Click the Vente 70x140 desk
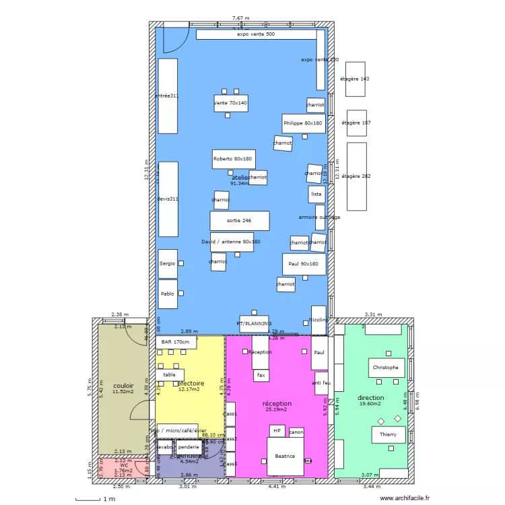[231, 103]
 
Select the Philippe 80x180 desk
[303, 123]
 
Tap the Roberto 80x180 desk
[233, 159]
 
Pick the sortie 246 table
[239, 221]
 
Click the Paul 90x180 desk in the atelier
[304, 264]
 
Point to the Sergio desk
[168, 263]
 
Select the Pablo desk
[168, 294]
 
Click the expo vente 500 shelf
[256, 34]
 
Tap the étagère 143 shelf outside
[355, 79]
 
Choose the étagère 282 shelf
[357, 176]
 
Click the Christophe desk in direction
[386, 367]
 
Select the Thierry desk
[388, 434]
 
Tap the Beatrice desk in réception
[285, 457]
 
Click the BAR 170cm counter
[176, 342]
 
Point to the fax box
[261, 375]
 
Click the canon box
[296, 432]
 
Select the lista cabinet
[316, 194]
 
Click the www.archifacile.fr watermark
[405, 498]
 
